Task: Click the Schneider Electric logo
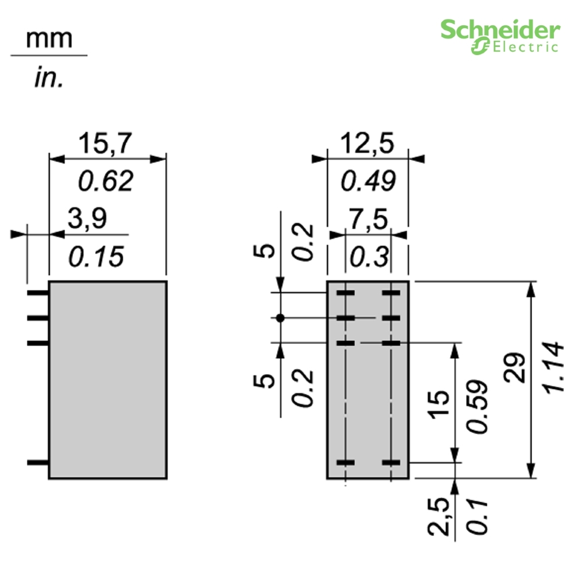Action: [x=499, y=36]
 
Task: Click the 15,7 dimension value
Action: [x=104, y=143]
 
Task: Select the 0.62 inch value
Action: [x=105, y=181]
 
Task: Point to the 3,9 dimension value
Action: [x=87, y=219]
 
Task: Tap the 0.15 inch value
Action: [x=95, y=257]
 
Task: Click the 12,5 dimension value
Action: [x=367, y=143]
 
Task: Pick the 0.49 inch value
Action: [x=368, y=181]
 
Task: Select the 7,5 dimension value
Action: [x=368, y=219]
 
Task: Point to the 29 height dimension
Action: [x=515, y=368]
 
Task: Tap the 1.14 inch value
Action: [x=552, y=368]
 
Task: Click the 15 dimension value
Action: [x=438, y=404]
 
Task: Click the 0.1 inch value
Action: [x=478, y=517]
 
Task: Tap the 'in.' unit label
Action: [x=48, y=79]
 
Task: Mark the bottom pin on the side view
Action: [x=38, y=462]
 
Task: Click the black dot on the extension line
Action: [x=281, y=317]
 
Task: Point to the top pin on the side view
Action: [x=38, y=293]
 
